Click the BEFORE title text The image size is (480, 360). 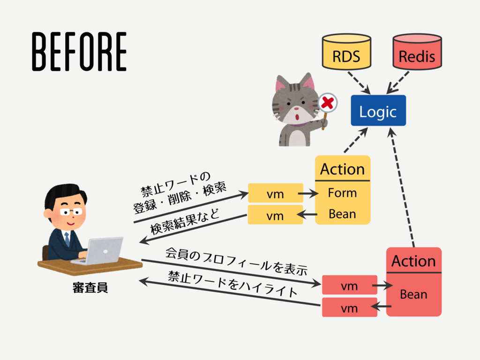coord(79,52)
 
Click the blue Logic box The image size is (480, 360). coord(378,111)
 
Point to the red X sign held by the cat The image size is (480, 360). coord(329,101)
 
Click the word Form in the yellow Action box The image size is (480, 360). coord(342,193)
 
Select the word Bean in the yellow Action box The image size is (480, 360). coord(342,214)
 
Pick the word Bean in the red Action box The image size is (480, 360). coord(413,294)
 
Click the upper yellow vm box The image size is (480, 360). coord(275,193)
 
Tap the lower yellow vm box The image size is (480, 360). coord(275,215)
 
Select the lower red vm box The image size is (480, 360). coord(349,308)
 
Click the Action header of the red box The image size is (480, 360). coord(413,261)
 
